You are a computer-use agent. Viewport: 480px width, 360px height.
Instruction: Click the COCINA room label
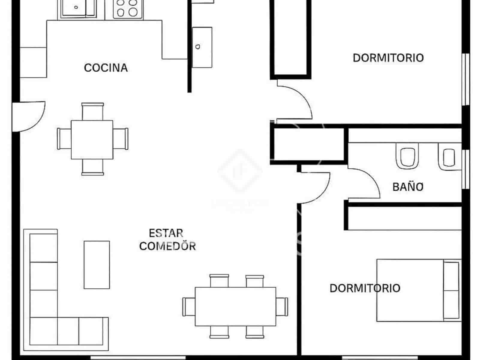pyautogui.click(x=106, y=68)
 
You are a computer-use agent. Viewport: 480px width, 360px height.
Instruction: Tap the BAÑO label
pyautogui.click(x=408, y=187)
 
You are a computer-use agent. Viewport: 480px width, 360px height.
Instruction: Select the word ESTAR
pyautogui.click(x=166, y=233)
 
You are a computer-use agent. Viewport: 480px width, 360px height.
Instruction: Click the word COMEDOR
pyautogui.click(x=167, y=246)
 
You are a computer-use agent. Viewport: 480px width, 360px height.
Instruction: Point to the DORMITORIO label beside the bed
pyautogui.click(x=365, y=288)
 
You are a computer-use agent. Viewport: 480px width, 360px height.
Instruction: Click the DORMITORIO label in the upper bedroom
pyautogui.click(x=388, y=58)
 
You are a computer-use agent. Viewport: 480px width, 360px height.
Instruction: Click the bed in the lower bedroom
pyautogui.click(x=418, y=290)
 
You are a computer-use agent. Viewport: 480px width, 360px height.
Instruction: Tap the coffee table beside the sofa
pyautogui.click(x=97, y=265)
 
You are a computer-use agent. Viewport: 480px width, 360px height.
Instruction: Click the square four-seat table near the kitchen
pyautogui.click(x=92, y=139)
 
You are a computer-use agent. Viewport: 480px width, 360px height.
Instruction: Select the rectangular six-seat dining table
pyautogui.click(x=235, y=306)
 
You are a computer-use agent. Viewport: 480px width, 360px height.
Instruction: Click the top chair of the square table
pyautogui.click(x=93, y=111)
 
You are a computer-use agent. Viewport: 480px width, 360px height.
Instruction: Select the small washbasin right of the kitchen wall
pyautogui.click(x=202, y=47)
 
